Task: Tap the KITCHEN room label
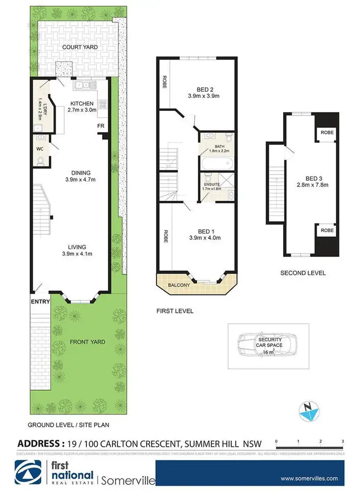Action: pos(82,104)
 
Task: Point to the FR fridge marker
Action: pos(101,126)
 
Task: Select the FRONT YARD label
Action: pos(87,342)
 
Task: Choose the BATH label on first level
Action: pos(219,146)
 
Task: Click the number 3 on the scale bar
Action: pos(343,440)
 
